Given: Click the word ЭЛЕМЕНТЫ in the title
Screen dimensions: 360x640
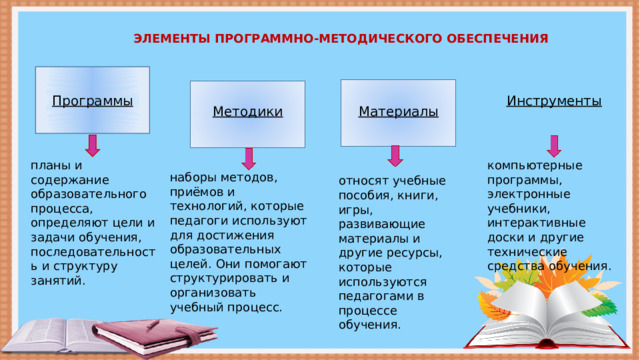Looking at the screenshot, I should tap(168, 39).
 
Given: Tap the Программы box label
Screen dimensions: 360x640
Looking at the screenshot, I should tap(92, 101).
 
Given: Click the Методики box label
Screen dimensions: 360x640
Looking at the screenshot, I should tap(247, 112).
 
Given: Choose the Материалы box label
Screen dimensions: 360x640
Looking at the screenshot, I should tap(398, 111).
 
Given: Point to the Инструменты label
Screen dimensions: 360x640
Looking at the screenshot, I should tap(554, 101).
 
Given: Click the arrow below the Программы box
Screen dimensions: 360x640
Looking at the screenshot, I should tap(92, 146).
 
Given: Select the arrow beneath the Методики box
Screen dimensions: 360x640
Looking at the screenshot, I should tap(248, 158).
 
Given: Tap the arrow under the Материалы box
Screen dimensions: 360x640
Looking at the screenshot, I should tap(395, 155).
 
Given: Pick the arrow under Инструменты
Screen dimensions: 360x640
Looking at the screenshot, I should tap(554, 146).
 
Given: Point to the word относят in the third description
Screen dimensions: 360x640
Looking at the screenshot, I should tap(363, 181).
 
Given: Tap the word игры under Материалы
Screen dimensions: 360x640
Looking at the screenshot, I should tap(355, 211).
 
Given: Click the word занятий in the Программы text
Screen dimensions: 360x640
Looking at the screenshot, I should tap(57, 281).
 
